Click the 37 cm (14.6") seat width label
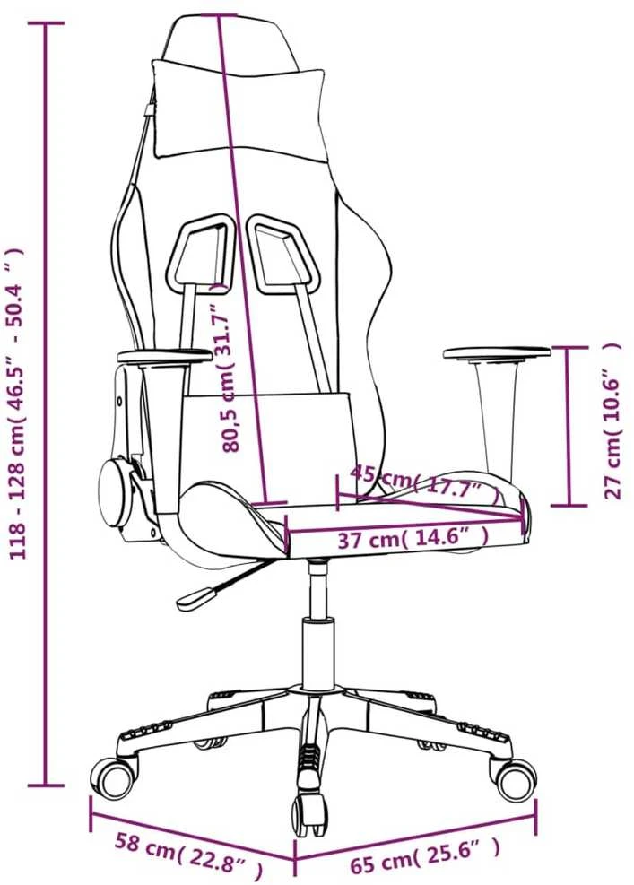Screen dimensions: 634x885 [413, 539]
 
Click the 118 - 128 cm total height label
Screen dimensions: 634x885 [18, 403]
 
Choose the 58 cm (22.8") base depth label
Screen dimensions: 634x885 [189, 851]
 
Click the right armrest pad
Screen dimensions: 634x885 [497, 352]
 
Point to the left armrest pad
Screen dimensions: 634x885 [164, 357]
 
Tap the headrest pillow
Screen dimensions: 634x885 [239, 108]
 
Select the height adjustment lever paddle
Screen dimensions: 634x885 [196, 599]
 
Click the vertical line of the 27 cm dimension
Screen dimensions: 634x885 [569, 426]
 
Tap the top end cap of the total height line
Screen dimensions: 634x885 [46, 23]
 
